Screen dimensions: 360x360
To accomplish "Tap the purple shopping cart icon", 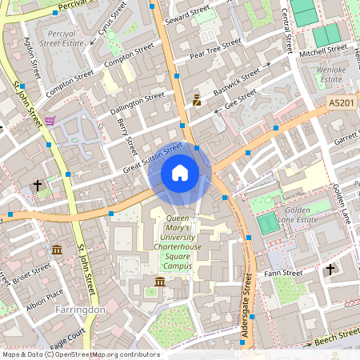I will point(50,121).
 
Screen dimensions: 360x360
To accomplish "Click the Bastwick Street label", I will point(238,81).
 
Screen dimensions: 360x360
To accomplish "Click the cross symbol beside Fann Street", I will point(330,270).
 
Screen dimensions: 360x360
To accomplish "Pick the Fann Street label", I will point(283,274).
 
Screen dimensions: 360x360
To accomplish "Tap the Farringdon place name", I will point(81,308).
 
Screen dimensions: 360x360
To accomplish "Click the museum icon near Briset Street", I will point(57,250).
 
